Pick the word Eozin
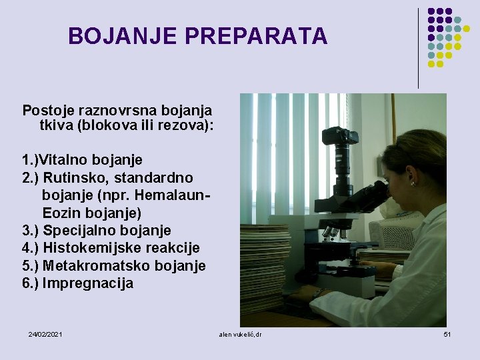pos(63,213)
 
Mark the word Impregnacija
pos(88,283)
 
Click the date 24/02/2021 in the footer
pos(45,333)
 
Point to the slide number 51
pos(447,333)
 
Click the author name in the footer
pos(240,333)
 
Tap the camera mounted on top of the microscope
pos(340,137)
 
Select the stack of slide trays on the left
pos(265,267)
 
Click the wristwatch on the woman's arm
pos(319,293)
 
